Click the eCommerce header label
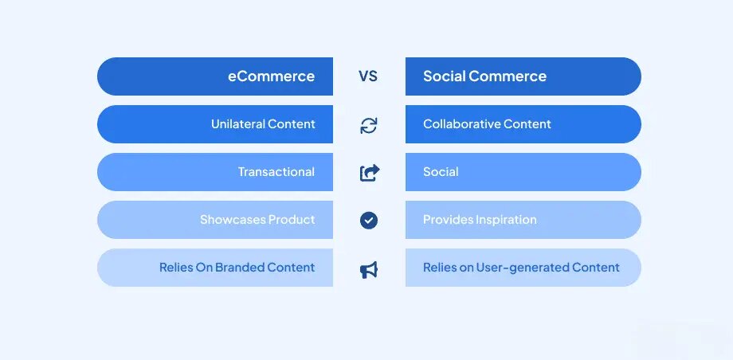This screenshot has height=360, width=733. pos(271,76)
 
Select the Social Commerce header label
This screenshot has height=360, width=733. pos(484,76)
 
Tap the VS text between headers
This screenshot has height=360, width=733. pos(368,76)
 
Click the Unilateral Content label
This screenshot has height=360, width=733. pos(263,124)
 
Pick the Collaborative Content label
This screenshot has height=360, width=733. pos(487,124)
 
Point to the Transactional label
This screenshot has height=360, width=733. pos(276,172)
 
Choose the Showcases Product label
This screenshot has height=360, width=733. pos(257,220)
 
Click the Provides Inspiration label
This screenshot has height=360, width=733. pos(480,220)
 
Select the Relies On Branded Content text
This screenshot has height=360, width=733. pos(237,268)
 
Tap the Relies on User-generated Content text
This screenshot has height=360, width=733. pos(521,268)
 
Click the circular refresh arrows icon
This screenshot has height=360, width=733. pos(368,125)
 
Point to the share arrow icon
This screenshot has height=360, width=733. pos(370,172)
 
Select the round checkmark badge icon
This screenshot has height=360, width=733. pos(368,220)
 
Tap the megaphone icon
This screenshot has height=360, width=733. pos(368,270)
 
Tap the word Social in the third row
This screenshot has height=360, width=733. pos(441,172)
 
